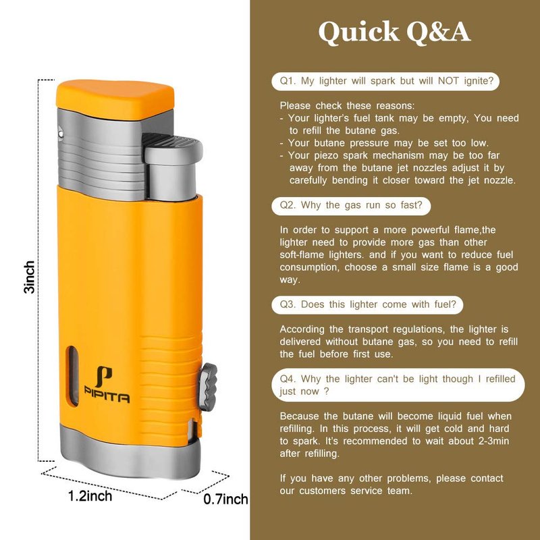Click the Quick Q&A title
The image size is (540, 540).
(394, 32)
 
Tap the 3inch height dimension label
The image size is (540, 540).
(29, 277)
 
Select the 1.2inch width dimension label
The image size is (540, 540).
(90, 496)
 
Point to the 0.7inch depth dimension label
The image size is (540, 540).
(225, 499)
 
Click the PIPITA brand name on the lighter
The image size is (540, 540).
(107, 398)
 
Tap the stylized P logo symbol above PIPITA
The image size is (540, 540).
(104, 377)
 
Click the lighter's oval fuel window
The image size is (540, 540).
(73, 376)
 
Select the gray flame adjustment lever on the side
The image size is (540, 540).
(208, 387)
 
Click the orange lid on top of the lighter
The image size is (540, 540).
(115, 99)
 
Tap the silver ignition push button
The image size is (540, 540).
(173, 168)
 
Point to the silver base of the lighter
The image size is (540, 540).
(130, 451)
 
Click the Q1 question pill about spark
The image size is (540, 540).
(385, 81)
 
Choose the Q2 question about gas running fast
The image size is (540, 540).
(351, 206)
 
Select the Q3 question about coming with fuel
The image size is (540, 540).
(367, 305)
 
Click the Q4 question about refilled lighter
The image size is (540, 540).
(398, 385)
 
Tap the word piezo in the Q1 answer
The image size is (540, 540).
(325, 156)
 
